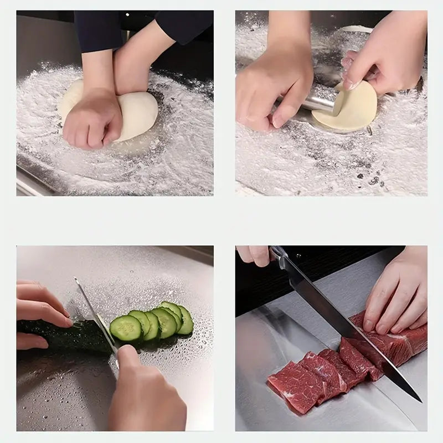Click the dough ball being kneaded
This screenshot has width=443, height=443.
coord(138,114)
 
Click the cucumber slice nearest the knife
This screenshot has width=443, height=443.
coord(126,328)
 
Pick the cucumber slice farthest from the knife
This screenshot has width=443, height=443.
coord(186,320)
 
